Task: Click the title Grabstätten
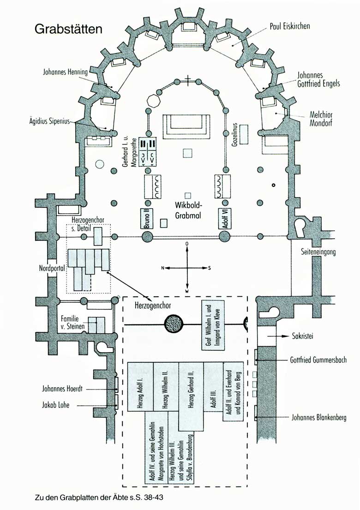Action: tap(68, 29)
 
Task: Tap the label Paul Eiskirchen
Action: tap(289, 26)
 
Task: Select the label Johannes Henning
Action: tap(62, 72)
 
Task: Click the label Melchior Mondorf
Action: tap(322, 119)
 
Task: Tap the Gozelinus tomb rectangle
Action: tap(244, 134)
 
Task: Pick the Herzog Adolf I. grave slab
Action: tap(140, 390)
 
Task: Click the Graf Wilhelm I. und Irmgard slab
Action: tap(213, 325)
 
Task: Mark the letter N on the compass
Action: tap(162, 268)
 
